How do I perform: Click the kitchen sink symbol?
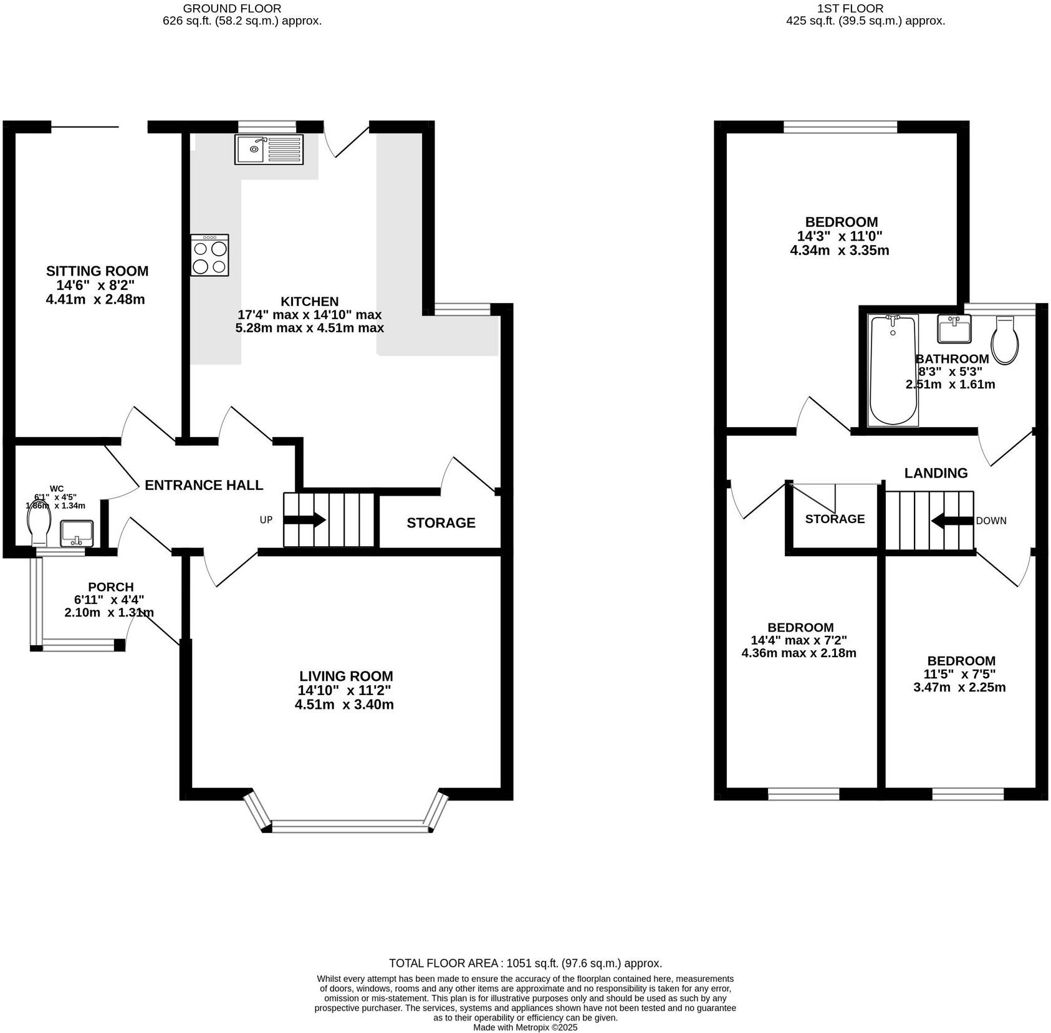pyautogui.click(x=269, y=150)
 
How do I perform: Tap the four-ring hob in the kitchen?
pyautogui.click(x=210, y=256)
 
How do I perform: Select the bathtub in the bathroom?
pyautogui.click(x=893, y=370)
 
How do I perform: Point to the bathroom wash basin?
pyautogui.click(x=954, y=329)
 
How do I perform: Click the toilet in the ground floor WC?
pyautogui.click(x=39, y=527)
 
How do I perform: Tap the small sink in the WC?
pyautogui.click(x=77, y=534)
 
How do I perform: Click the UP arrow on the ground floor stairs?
pyautogui.click(x=305, y=520)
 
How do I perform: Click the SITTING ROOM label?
pyautogui.click(x=97, y=271)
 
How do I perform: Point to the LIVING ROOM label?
pyautogui.click(x=346, y=676)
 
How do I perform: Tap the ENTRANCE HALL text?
pyautogui.click(x=204, y=485)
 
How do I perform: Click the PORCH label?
pyautogui.click(x=111, y=587)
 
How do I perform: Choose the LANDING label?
pyautogui.click(x=936, y=473)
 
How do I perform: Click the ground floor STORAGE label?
pyautogui.click(x=441, y=523)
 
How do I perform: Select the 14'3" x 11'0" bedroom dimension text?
pyautogui.click(x=840, y=236)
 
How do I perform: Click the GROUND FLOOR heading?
pyautogui.click(x=232, y=9)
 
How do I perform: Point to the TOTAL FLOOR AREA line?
pyautogui.click(x=525, y=964)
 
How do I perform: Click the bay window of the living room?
pyautogui.click(x=351, y=827)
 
